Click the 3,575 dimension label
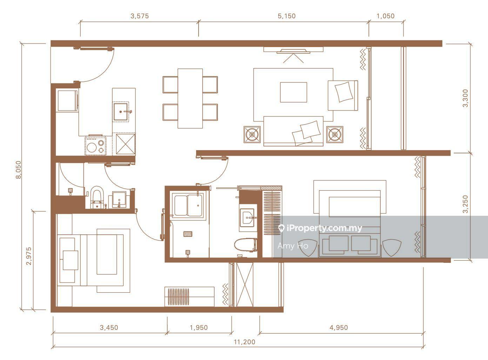coord(140,16)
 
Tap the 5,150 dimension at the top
coord(287,16)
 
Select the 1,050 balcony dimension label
coord(386,16)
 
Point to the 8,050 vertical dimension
coord(19,170)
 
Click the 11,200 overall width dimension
coord(245,342)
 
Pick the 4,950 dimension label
coord(339,327)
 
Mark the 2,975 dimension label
coord(29,256)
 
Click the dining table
coord(190,98)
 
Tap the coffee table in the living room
coord(293,92)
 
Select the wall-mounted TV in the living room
coord(293,51)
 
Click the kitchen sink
coord(120,112)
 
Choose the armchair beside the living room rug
coord(343,95)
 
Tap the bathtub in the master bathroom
coord(188,205)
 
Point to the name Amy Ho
coord(293,246)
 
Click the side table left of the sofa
coord(252,134)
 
